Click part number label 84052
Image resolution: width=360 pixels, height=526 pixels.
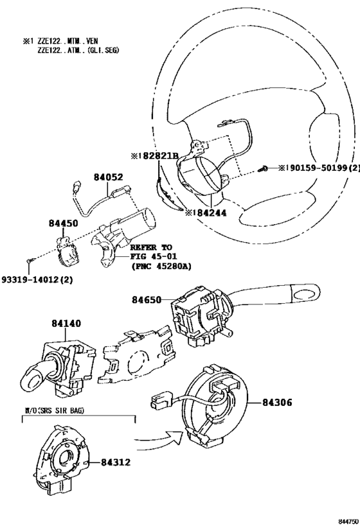[x=109, y=177]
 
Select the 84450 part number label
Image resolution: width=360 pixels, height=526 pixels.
[x=63, y=223]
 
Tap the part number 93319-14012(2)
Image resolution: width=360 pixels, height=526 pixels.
[x=37, y=279]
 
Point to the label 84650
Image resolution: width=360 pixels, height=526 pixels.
[x=146, y=299]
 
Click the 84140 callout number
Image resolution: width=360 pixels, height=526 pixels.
[x=66, y=323]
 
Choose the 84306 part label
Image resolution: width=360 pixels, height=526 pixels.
[x=277, y=402]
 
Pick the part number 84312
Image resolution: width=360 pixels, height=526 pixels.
[x=116, y=462]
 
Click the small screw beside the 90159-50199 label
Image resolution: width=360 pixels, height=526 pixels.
[x=263, y=169]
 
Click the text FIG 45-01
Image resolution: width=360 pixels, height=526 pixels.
[x=154, y=257]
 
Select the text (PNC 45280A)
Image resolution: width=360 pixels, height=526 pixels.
[x=161, y=267]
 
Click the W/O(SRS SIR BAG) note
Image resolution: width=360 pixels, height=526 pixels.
[x=55, y=410]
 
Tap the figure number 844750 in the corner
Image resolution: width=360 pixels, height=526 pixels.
[x=348, y=522]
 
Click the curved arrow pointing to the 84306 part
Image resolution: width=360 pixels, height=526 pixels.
[x=159, y=439]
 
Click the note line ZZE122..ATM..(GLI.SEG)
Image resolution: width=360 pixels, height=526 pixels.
[x=78, y=50]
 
